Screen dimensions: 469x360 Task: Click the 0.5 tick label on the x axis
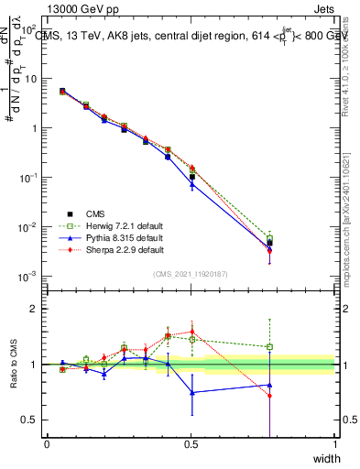191,445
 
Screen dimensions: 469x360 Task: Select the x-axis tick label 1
334,445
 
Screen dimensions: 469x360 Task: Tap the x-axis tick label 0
47,445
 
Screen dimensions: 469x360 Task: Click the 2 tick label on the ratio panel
33,310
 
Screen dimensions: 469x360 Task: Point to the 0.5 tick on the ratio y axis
30,420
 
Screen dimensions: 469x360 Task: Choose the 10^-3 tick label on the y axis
27,276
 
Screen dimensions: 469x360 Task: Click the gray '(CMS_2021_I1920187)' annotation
191,273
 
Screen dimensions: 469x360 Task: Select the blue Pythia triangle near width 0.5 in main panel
191,184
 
